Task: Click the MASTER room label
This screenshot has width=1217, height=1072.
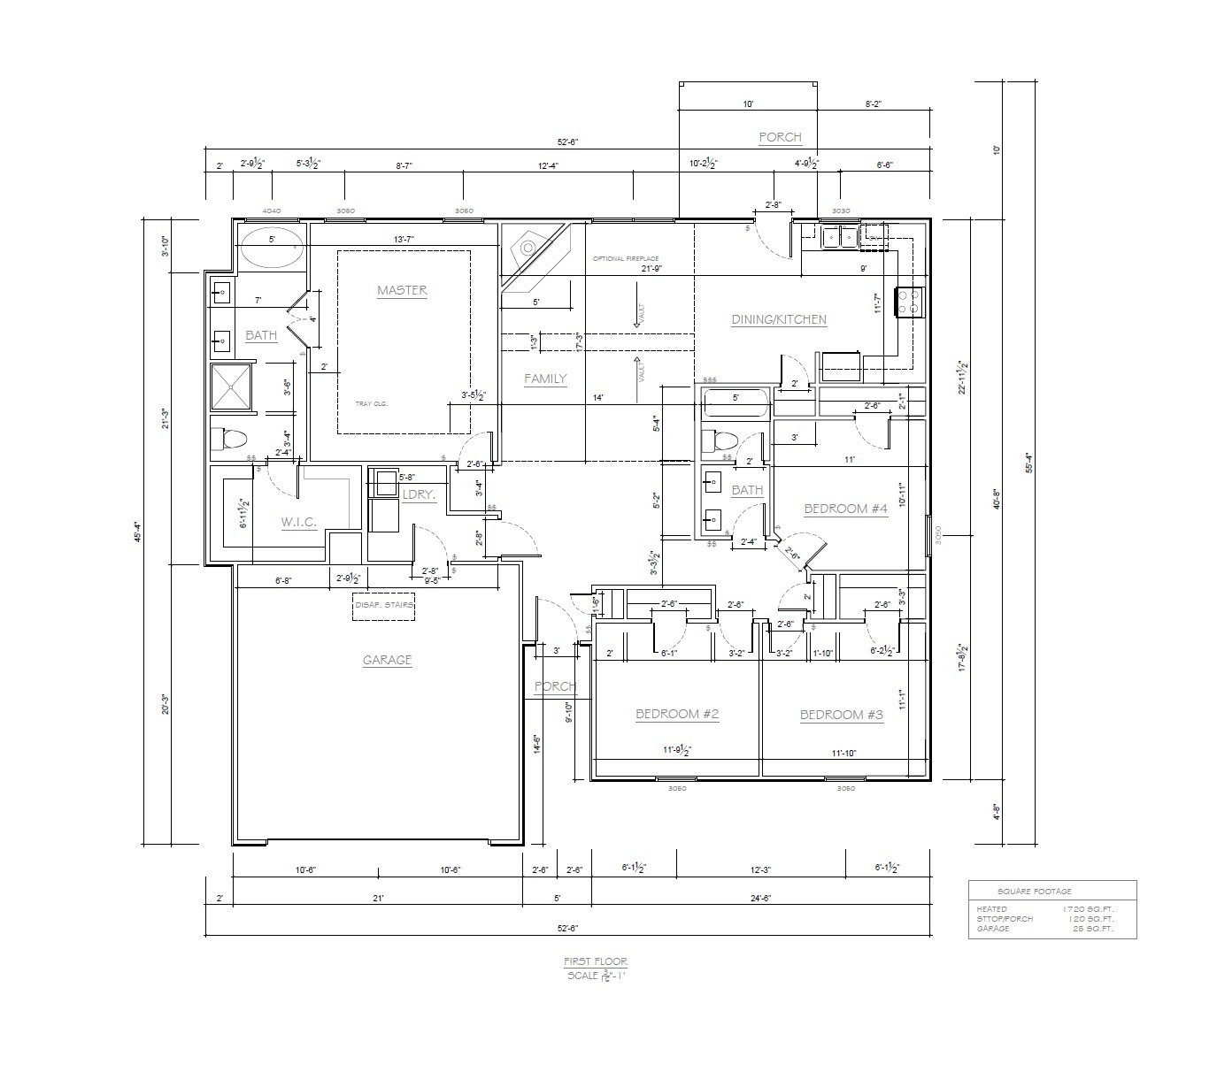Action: pyautogui.click(x=402, y=290)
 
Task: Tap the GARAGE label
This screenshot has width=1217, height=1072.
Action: pyautogui.click(x=387, y=660)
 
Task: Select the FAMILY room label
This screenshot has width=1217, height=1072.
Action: pyautogui.click(x=544, y=379)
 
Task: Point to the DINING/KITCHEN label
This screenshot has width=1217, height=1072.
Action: pyautogui.click(x=779, y=319)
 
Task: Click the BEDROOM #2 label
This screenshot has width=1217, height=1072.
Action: pyautogui.click(x=677, y=715)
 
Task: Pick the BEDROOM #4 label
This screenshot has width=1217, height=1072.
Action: pyautogui.click(x=845, y=509)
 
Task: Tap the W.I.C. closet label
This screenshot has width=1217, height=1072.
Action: pyautogui.click(x=299, y=523)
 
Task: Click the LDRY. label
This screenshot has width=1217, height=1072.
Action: pyautogui.click(x=419, y=495)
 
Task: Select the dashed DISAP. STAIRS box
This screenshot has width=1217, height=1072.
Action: pyautogui.click(x=383, y=606)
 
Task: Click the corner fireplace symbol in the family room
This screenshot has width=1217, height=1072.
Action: pyautogui.click(x=531, y=251)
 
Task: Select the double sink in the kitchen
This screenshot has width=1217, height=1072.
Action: pyautogui.click(x=837, y=236)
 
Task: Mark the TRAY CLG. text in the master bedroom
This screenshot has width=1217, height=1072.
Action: pyautogui.click(x=372, y=403)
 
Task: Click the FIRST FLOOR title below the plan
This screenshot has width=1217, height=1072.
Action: pyautogui.click(x=595, y=961)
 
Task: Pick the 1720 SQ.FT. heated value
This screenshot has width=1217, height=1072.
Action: pyautogui.click(x=1088, y=908)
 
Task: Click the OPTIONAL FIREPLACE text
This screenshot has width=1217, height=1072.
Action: pyautogui.click(x=626, y=257)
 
